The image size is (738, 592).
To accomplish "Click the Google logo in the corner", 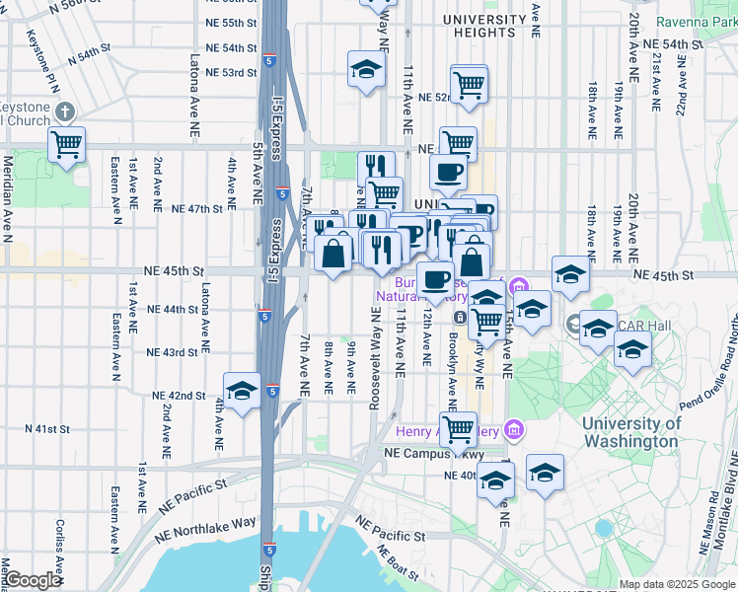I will [33, 580].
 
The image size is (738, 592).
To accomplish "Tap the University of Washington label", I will [631, 432].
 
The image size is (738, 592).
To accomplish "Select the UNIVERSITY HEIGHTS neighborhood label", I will [484, 26].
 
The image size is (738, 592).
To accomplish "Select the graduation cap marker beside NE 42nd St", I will [242, 391].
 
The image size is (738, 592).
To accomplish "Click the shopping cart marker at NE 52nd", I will [470, 84].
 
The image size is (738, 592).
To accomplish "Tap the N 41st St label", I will [47, 429].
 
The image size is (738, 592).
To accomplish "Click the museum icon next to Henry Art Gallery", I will [512, 430].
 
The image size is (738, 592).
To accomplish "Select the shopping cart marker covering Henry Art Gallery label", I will [458, 429].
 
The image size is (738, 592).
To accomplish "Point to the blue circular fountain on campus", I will [604, 528].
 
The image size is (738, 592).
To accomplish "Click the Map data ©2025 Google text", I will [676, 584].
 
